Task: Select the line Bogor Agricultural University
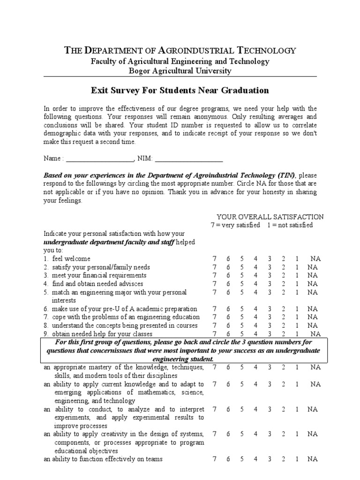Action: (x=180, y=71)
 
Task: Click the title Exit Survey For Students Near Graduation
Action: (x=180, y=90)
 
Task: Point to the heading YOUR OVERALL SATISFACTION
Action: (x=270, y=217)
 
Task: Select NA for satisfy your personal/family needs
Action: (x=312, y=267)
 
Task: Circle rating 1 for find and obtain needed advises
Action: (x=297, y=284)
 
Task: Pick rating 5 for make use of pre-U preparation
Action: (x=242, y=309)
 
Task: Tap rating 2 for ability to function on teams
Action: (x=283, y=459)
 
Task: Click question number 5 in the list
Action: (x=46, y=292)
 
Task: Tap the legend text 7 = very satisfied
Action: (x=234, y=225)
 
